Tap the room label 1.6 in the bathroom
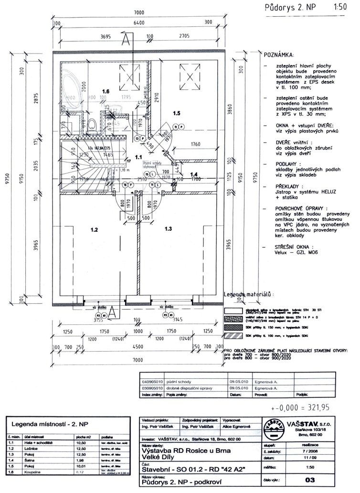click(x=106, y=90)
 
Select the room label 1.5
click(x=176, y=114)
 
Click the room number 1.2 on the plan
click(x=94, y=230)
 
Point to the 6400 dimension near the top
click(x=138, y=22)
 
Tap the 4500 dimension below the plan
click(x=138, y=347)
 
